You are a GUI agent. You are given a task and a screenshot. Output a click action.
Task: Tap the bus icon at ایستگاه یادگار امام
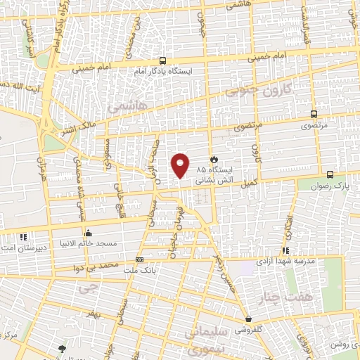(163, 61)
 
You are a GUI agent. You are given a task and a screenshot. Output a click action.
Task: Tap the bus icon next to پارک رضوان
(330, 174)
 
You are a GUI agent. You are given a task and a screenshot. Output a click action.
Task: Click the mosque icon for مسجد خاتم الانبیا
(87, 233)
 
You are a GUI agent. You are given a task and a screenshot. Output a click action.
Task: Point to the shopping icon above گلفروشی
(247, 319)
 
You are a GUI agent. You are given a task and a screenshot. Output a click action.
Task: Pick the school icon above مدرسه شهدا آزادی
(285, 250)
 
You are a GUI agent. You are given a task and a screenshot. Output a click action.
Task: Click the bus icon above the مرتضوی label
(313, 114)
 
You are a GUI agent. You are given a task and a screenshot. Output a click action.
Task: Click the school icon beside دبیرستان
(22, 238)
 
